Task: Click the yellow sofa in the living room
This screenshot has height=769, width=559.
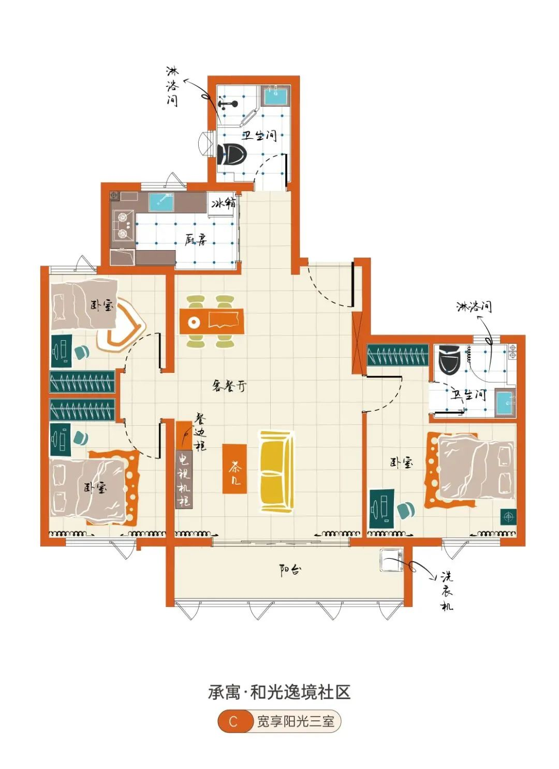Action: pyautogui.click(x=276, y=471)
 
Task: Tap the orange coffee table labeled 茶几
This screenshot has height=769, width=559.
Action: pyautogui.click(x=234, y=469)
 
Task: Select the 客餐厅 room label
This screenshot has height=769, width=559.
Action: pyautogui.click(x=229, y=387)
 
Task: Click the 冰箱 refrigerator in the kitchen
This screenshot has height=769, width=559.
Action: pyautogui.click(x=223, y=204)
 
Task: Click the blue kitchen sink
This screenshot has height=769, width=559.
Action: pyautogui.click(x=161, y=202)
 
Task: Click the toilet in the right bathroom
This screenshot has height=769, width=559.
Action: pyautogui.click(x=450, y=359)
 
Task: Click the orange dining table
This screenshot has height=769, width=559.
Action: pyautogui.click(x=212, y=322)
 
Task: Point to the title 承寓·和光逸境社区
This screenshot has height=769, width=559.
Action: pyautogui.click(x=279, y=683)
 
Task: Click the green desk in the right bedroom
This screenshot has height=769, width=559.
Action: pyautogui.click(x=382, y=509)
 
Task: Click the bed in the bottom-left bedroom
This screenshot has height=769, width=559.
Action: pyautogui.click(x=87, y=488)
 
